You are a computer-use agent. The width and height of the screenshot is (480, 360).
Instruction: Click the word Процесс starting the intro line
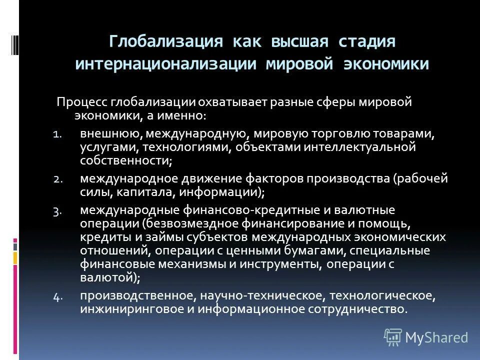88,101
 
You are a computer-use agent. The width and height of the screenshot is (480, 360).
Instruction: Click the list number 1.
57,134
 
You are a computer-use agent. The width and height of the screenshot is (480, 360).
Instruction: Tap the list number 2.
57,179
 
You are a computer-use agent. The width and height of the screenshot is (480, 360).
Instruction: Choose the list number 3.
57,210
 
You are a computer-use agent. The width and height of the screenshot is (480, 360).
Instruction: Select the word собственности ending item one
125,160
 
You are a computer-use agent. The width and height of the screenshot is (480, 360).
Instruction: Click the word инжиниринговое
124,308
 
